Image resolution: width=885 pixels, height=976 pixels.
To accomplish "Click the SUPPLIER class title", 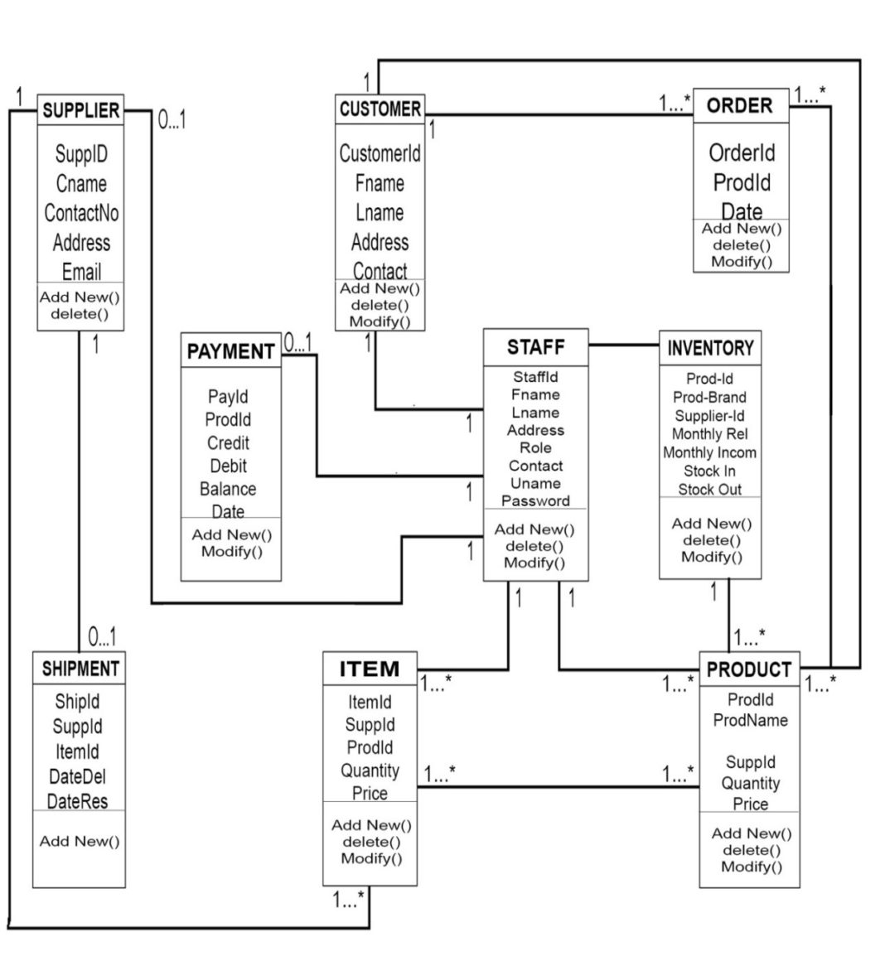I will (80, 110).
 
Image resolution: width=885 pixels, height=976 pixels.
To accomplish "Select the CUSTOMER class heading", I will (380, 109).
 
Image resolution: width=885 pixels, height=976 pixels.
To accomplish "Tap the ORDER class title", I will (739, 105).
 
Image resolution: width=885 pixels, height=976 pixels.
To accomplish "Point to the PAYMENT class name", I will (230, 351).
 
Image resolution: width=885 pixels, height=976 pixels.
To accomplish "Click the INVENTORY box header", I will (710, 348).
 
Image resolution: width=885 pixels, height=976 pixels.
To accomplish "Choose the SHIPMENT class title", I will (80, 669).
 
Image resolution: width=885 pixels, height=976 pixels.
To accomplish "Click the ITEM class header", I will (370, 669).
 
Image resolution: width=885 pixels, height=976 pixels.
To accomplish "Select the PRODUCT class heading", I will (749, 669).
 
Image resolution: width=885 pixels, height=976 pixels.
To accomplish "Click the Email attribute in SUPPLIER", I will (81, 271).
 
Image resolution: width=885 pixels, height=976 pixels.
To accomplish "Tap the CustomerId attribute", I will (380, 153).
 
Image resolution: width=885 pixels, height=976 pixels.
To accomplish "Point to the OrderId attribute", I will (742, 152).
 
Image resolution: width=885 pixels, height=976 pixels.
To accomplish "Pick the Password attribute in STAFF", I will (535, 500).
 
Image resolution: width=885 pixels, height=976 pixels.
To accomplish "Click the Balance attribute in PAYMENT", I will (228, 489).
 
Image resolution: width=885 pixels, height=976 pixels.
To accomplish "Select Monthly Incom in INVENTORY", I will (709, 452).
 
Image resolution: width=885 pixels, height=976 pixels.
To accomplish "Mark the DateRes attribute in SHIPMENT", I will (77, 801).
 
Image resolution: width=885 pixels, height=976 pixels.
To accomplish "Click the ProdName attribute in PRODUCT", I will (750, 720).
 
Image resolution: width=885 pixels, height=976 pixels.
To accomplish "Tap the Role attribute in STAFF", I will (535, 447).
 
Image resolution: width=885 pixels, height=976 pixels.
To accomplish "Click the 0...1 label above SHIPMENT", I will (101, 637).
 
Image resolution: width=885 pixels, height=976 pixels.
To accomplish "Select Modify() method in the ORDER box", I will (741, 262).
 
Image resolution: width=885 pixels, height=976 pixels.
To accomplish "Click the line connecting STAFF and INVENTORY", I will (624, 345).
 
